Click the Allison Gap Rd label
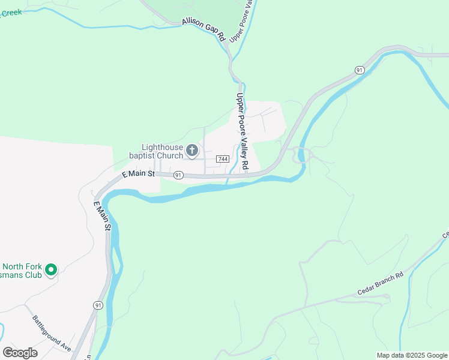point(203,30)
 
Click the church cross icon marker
point(192,150)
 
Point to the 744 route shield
point(222,159)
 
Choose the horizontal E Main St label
point(139,174)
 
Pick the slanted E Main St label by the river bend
point(101,216)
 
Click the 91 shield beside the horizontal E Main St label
point(178,175)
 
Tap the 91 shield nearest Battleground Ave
point(97,305)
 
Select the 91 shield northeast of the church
point(359,70)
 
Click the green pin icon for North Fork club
point(51,270)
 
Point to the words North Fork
point(22,267)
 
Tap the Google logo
point(20,353)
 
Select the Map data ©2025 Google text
point(412,355)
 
